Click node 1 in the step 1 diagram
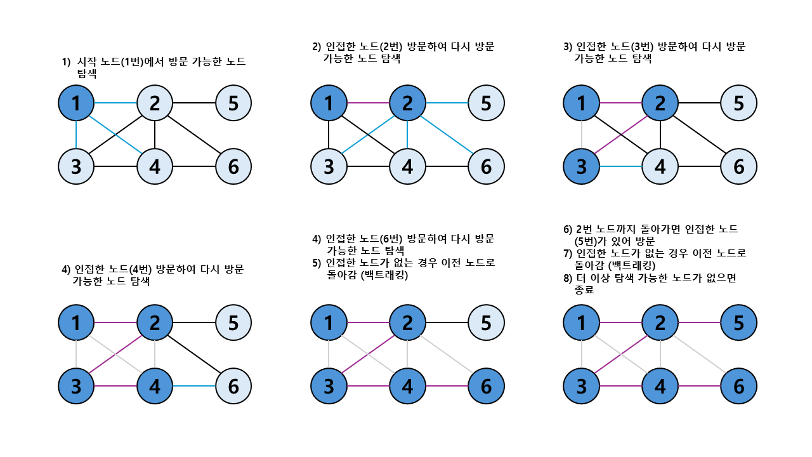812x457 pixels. coord(76,102)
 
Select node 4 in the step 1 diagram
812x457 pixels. coord(155,166)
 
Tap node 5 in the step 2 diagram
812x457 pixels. coord(486,102)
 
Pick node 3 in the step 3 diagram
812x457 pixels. coord(581,166)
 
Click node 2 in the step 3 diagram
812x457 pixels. coord(660,102)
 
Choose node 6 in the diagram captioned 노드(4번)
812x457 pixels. coord(233,386)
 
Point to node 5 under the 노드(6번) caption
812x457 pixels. coord(486,322)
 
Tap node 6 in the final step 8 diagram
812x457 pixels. coord(738,386)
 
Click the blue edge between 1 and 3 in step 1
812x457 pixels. coord(76,135)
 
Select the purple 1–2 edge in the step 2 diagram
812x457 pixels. coord(368,102)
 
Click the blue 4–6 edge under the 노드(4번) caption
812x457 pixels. coord(194,386)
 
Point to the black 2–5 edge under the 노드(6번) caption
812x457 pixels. coord(447,322)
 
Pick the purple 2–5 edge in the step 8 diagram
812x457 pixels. coord(699,322)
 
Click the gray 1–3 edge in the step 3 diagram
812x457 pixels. coord(581,135)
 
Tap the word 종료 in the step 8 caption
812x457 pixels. coord(584,290)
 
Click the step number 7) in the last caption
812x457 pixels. coord(568,253)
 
